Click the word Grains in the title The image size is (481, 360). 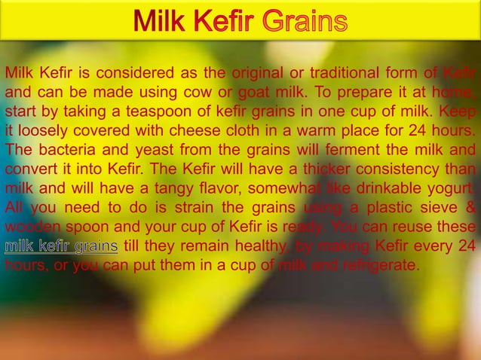click(x=304, y=20)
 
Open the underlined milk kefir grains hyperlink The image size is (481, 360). click(x=62, y=246)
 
